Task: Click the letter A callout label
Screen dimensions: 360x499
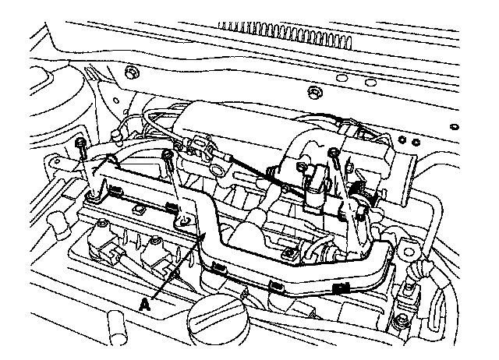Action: tap(146, 305)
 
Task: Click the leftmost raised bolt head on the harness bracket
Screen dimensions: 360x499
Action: tap(82, 143)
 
